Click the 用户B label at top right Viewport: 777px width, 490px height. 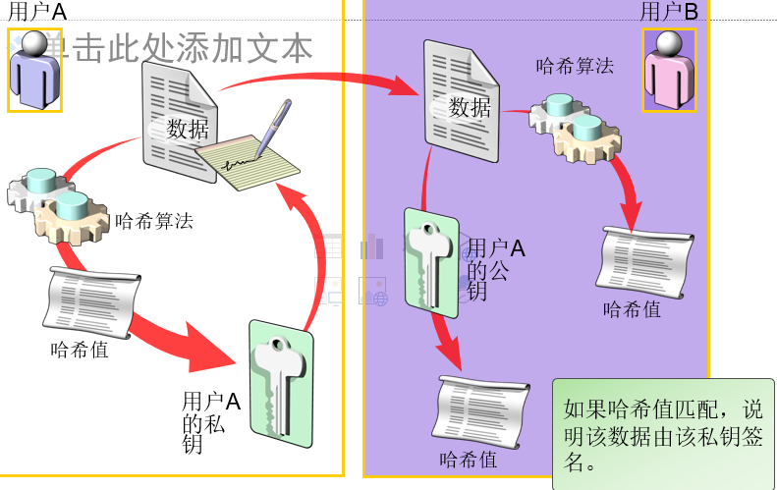coord(669,13)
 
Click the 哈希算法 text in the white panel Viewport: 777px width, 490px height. coord(154,222)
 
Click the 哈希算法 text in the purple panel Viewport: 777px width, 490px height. coord(575,67)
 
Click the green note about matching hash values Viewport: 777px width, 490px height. coord(662,433)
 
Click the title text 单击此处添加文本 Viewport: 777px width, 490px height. coord(177,47)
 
